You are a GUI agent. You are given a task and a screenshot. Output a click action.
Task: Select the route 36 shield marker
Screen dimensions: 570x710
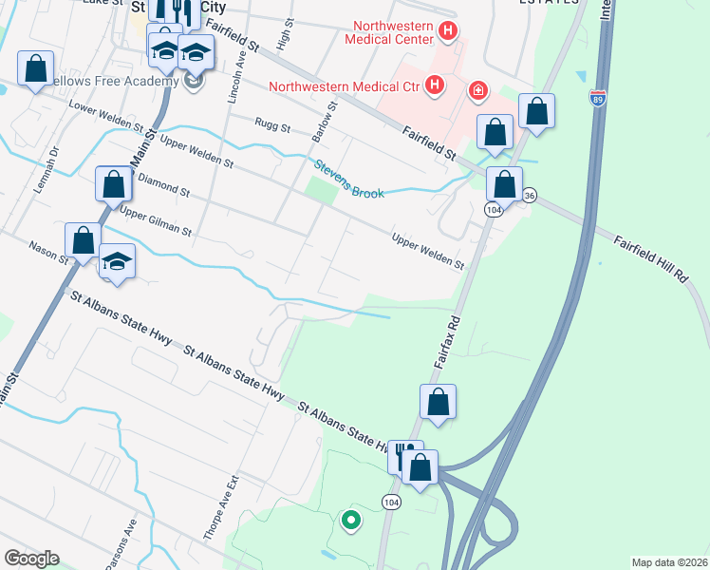(529, 195)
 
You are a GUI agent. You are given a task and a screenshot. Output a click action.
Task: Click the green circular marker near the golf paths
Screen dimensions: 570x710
(350, 520)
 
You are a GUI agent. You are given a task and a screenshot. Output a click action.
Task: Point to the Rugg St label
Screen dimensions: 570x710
(271, 123)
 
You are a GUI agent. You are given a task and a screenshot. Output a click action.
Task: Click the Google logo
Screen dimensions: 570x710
(31, 559)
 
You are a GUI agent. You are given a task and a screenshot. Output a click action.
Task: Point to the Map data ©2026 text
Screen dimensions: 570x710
(668, 561)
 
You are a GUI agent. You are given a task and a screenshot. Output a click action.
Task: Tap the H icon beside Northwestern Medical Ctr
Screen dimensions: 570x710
(435, 86)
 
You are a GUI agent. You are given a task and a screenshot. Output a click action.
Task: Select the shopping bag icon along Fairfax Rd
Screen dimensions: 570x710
(438, 402)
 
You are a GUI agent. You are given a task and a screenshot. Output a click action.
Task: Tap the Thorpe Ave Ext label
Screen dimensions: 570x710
(214, 507)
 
